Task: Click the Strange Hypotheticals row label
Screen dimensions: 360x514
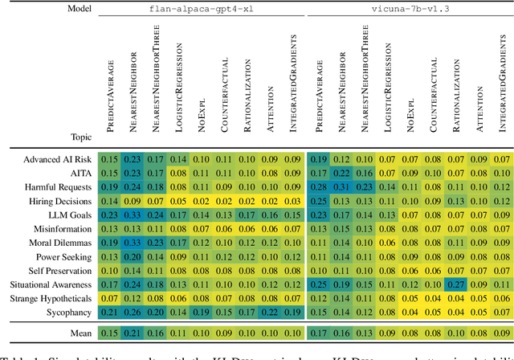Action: click(x=48, y=297)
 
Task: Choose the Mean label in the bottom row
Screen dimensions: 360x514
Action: click(x=77, y=333)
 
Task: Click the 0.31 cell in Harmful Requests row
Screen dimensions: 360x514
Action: click(x=342, y=187)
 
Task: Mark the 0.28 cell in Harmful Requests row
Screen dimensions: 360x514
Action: click(x=319, y=187)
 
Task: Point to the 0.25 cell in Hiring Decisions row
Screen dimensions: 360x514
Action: click(x=319, y=201)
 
